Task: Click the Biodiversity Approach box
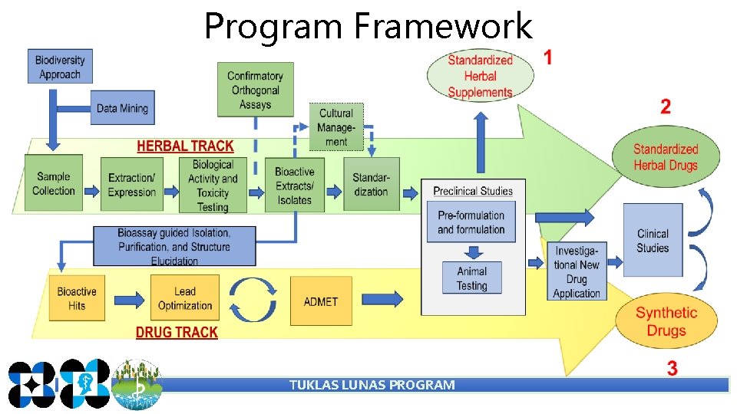[60, 67]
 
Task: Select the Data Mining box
[122, 108]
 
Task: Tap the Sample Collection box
[54, 183]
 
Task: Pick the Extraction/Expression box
[132, 185]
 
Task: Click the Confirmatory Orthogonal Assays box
[255, 90]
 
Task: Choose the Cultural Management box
[336, 127]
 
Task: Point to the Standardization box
[372, 184]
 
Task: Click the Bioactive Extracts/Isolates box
[295, 185]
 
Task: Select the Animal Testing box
[471, 278]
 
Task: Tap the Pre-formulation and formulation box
[471, 222]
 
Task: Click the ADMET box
[321, 301]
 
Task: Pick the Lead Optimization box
[185, 298]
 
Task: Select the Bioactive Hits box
[77, 298]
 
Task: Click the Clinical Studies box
[653, 240]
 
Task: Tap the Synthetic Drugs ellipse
[666, 321]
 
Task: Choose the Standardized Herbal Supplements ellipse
[480, 76]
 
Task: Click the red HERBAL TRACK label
[185, 146]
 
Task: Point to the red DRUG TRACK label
[177, 333]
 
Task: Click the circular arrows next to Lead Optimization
[253, 299]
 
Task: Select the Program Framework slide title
[368, 27]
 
